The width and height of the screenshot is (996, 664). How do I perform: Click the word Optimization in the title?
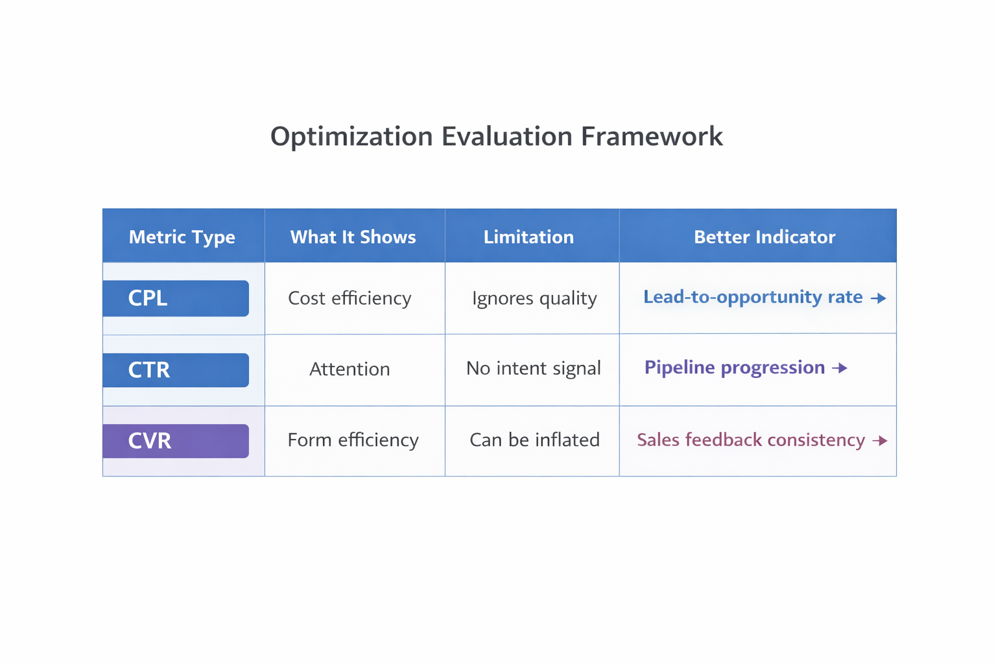[x=351, y=137]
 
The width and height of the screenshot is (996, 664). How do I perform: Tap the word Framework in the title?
[x=652, y=137]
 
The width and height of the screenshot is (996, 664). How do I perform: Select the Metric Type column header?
[x=182, y=237]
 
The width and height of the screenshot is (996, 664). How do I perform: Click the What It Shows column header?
[x=353, y=237]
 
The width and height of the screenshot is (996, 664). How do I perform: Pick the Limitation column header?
[x=528, y=237]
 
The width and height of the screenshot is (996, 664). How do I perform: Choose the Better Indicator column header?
[x=765, y=237]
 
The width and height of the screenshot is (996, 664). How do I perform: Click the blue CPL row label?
[x=175, y=298]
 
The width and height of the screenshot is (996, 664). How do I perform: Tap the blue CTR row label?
[x=175, y=370]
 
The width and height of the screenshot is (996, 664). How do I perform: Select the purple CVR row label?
[x=175, y=441]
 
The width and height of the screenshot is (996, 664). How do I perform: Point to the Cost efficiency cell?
[x=350, y=298]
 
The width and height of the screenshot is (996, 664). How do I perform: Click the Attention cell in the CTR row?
[x=350, y=369]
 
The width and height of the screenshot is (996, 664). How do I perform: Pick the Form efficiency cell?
[x=353, y=440]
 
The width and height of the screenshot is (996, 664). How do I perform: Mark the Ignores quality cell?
[x=534, y=298]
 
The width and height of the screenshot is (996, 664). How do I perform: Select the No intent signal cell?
[x=533, y=368]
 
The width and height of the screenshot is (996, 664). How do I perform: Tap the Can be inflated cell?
[x=534, y=440]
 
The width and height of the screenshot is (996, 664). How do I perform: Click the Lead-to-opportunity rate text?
[x=752, y=297]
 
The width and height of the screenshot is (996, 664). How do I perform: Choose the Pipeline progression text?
[x=734, y=368]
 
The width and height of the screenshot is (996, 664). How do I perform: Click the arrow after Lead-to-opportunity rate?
[x=878, y=298]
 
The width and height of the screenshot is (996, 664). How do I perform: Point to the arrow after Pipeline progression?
[x=840, y=368]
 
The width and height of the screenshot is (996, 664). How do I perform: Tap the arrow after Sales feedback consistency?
[x=880, y=441]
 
